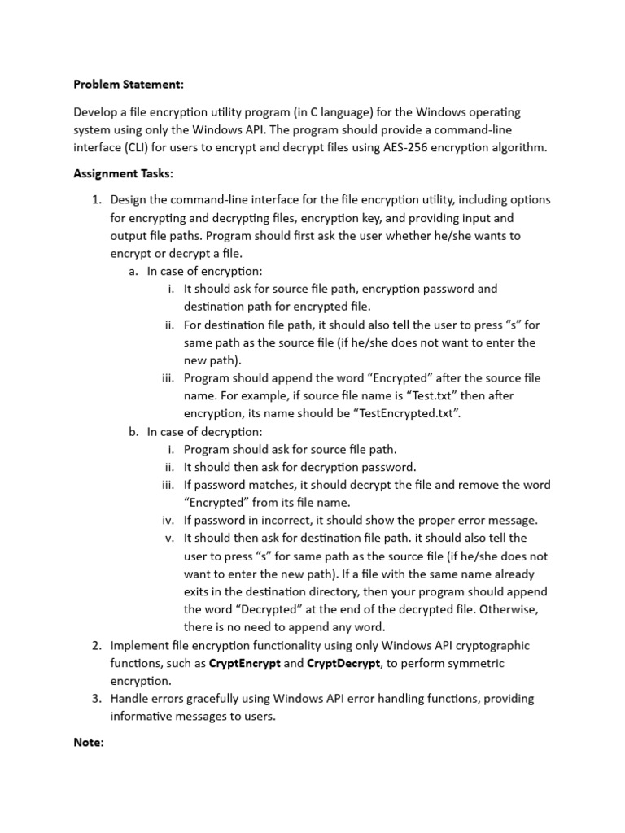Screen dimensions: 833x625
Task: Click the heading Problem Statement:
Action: coord(129,84)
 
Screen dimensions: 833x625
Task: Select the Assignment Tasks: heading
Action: coord(123,173)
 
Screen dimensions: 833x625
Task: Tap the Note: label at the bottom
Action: coord(89,743)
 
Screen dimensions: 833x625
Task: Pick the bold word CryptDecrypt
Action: coord(343,663)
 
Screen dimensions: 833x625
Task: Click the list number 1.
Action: coord(95,200)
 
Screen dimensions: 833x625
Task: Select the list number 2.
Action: coord(95,645)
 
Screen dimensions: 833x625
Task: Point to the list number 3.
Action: coord(95,699)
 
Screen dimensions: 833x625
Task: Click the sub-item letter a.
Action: coord(133,271)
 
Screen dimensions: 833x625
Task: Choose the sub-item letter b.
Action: coord(133,431)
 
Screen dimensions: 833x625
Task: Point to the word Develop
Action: coord(96,111)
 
